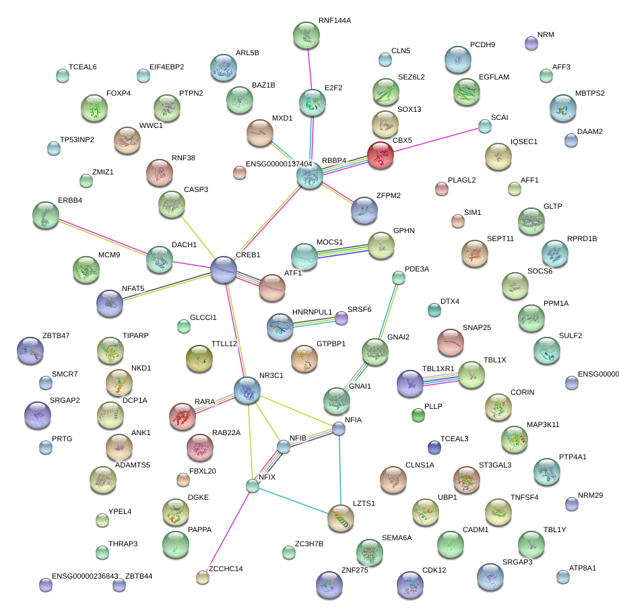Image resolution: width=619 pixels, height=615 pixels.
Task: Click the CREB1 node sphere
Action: point(224,269)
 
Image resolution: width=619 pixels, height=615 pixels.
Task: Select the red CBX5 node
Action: point(381,155)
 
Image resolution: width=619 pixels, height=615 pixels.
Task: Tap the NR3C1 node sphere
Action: point(247,390)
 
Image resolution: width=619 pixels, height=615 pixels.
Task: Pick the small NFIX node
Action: point(252,485)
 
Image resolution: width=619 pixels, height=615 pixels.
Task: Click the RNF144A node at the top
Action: point(306,35)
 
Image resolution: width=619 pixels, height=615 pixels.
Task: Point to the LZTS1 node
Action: point(341,517)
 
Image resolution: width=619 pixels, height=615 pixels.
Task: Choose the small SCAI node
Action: point(484,126)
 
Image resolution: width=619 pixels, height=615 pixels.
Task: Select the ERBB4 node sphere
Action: point(45,214)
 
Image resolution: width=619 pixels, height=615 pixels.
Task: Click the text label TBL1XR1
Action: point(438,369)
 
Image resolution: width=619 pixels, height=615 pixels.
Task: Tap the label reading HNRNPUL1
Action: point(313,313)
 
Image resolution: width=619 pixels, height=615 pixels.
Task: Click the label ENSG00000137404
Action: point(278,164)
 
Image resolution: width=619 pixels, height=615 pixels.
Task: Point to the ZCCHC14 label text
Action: point(226,569)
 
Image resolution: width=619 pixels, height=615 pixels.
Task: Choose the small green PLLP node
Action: point(418,415)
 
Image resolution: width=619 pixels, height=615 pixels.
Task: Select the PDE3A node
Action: point(399,277)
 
